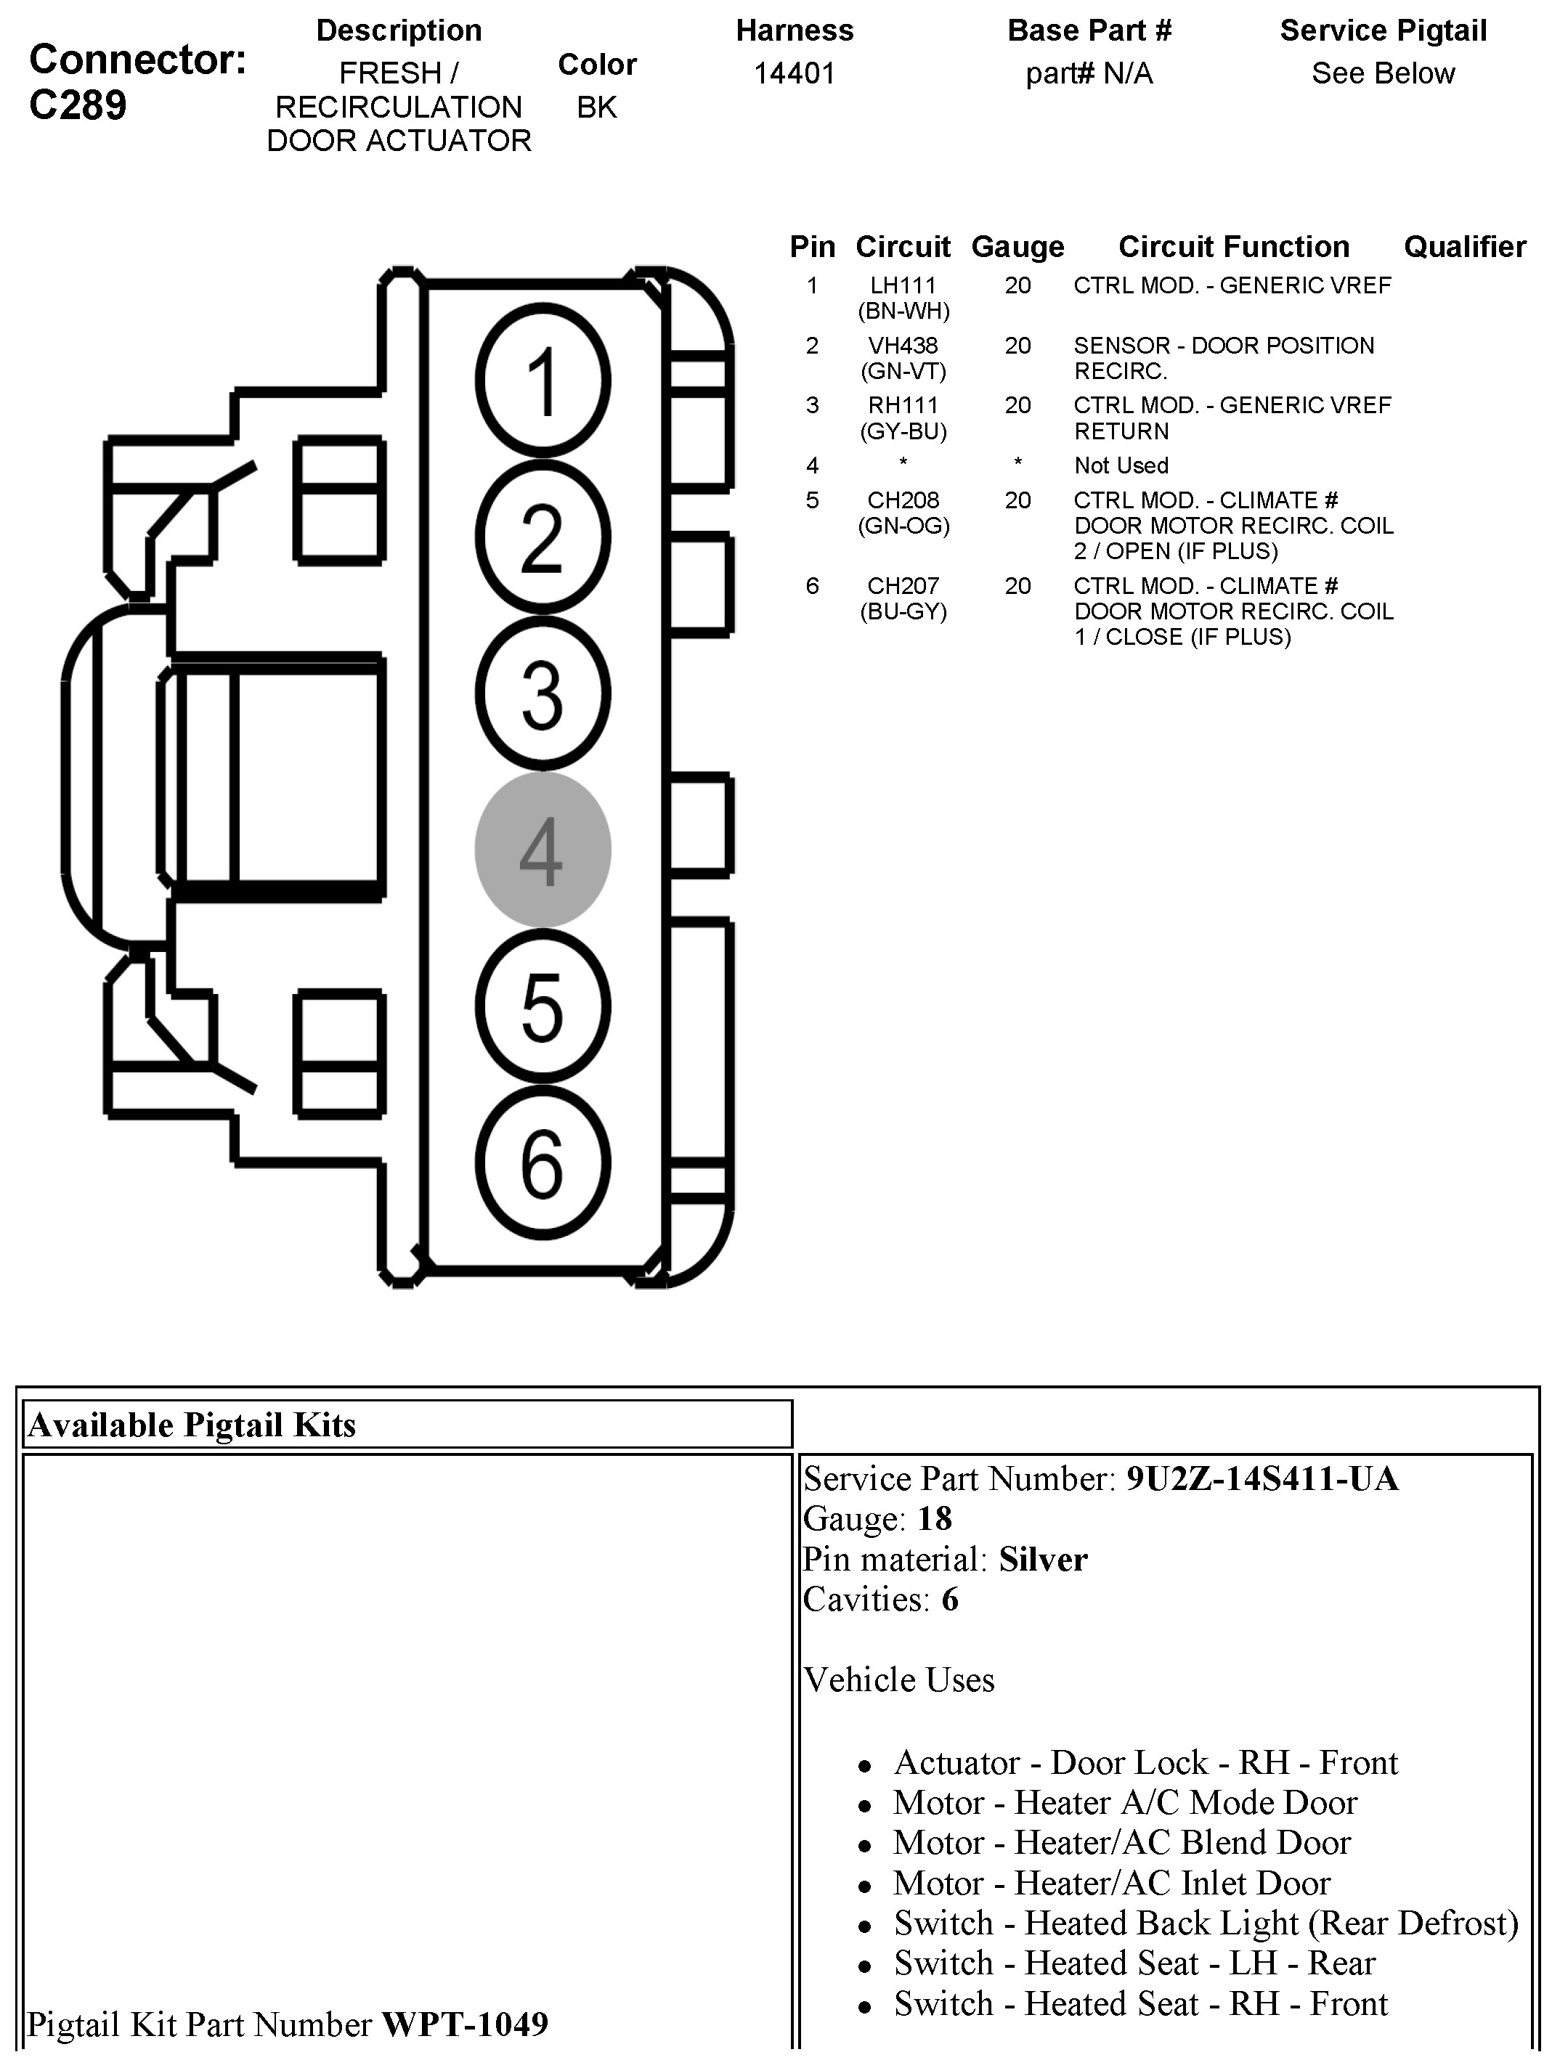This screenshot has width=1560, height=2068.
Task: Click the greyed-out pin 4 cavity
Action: tap(543, 850)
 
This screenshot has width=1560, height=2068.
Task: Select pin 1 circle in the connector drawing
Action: tap(543, 380)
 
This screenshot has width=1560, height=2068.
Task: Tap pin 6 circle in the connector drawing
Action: tap(543, 1163)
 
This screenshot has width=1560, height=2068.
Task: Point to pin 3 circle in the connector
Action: tap(543, 693)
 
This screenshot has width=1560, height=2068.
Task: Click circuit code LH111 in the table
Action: tap(903, 285)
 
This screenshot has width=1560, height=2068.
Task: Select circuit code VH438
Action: tap(903, 345)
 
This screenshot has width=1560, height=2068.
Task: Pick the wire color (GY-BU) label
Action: tap(903, 431)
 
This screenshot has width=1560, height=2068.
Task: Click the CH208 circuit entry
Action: tap(903, 500)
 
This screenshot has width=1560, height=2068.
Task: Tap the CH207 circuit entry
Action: tap(903, 586)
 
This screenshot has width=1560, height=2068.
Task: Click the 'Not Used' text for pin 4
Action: tap(1121, 465)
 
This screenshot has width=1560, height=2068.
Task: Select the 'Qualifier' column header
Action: tap(1463, 247)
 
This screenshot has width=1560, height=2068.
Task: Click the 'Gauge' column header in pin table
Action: tap(1017, 247)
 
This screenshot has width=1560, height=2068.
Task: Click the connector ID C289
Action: tap(78, 105)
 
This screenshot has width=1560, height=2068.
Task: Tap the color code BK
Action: tap(597, 107)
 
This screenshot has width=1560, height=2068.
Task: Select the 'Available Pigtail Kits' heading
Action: tap(192, 1425)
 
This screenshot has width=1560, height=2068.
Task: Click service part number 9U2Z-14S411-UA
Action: tap(1262, 1479)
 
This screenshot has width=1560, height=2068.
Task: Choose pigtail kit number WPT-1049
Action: tap(465, 2024)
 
